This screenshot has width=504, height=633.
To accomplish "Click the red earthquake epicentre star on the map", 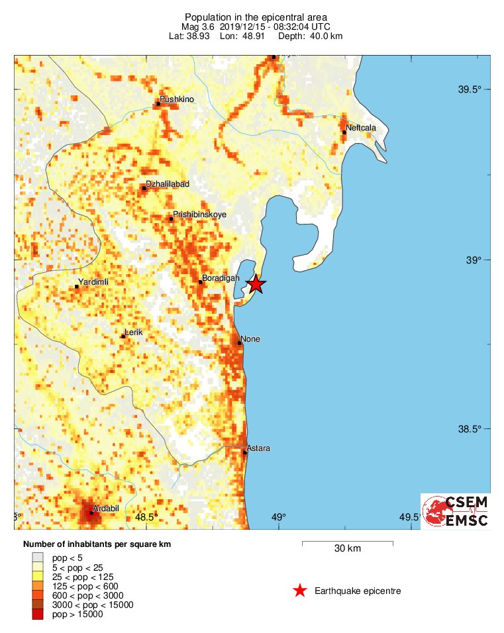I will tap(256, 284).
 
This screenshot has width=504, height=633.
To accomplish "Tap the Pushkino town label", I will tap(177, 99).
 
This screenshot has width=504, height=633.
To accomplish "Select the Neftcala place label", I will tap(361, 128).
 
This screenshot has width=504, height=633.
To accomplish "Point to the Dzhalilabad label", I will tap(167, 183).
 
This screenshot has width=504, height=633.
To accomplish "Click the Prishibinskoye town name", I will tap(200, 215).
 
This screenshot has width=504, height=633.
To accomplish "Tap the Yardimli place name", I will tap(93, 282).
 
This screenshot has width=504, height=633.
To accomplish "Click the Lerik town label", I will tap(134, 332).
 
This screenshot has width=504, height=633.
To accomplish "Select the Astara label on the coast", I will tap(258, 449).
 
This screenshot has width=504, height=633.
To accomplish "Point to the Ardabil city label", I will tap(106, 508).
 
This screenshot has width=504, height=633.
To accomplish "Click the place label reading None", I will tap(250, 339).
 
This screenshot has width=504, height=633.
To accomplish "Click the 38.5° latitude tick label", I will tap(470, 429).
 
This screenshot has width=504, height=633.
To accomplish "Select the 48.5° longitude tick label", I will tap(145, 517).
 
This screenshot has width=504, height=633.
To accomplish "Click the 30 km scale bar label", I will tap(347, 549).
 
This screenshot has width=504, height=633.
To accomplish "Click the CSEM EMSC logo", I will tap(456, 511).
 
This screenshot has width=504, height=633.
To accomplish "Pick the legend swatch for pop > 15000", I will tap(37, 614).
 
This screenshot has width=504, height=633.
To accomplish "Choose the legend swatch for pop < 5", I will tap(37, 558).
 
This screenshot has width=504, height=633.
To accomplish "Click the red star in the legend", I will tap(300, 591).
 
